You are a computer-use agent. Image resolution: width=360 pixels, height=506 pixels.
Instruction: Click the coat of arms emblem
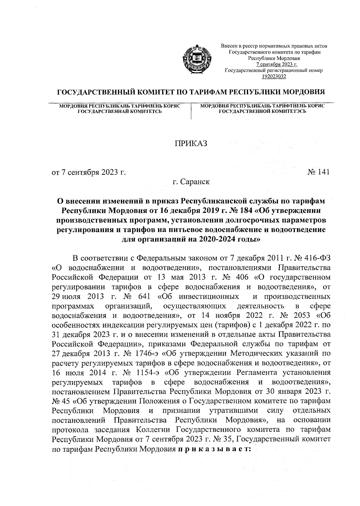click(x=197, y=58)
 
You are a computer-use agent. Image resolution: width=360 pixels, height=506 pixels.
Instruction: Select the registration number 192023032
click(x=274, y=77)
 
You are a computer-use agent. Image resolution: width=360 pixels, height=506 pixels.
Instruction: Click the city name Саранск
click(x=197, y=182)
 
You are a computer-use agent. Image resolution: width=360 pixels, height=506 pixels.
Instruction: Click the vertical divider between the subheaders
click(x=191, y=111)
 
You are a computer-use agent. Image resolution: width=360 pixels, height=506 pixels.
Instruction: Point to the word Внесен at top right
click(x=227, y=46)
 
